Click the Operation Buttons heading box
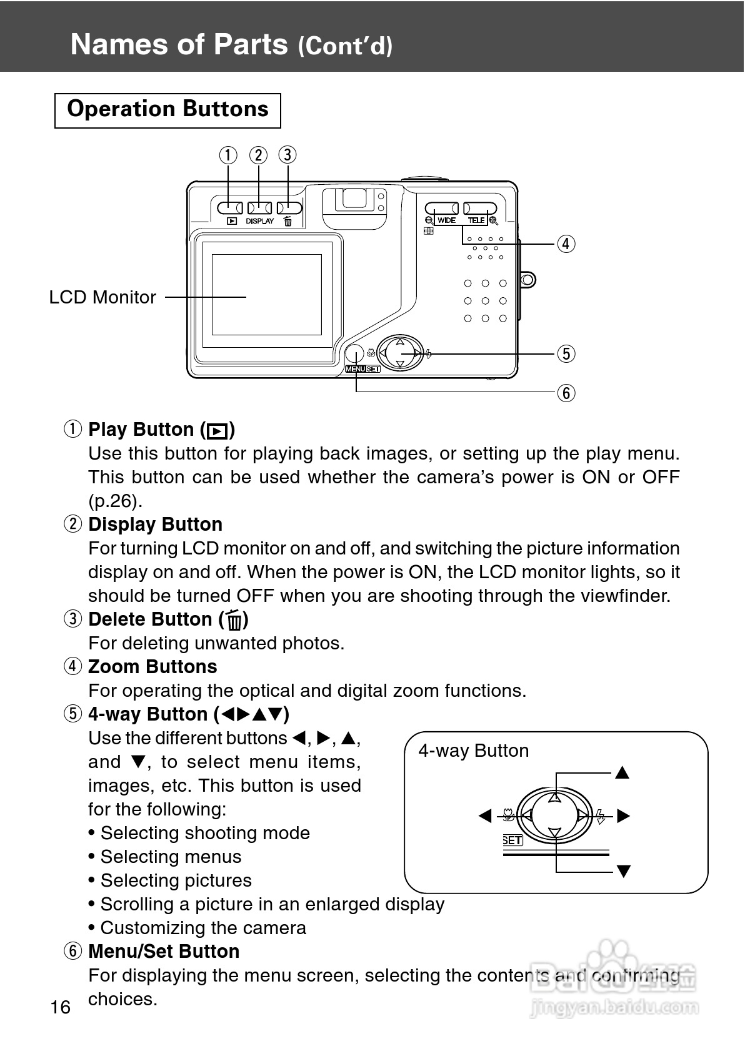[x=167, y=110]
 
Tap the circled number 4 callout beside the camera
[x=566, y=243]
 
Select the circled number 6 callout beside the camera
[x=566, y=393]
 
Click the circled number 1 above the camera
[x=229, y=155]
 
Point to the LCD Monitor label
[x=102, y=297]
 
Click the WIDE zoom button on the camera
[x=441, y=208]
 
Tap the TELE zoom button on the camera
[x=480, y=208]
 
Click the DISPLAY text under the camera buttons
[x=259, y=221]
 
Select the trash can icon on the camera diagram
[x=287, y=221]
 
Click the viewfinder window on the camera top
[x=354, y=199]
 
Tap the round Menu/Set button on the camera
[x=354, y=353]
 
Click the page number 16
[x=61, y=1007]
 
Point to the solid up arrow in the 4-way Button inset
[x=622, y=773]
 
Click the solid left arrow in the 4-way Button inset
[x=485, y=815]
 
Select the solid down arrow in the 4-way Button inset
[x=623, y=871]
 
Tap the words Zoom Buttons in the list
[x=152, y=667]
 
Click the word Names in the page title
[x=110, y=45]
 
